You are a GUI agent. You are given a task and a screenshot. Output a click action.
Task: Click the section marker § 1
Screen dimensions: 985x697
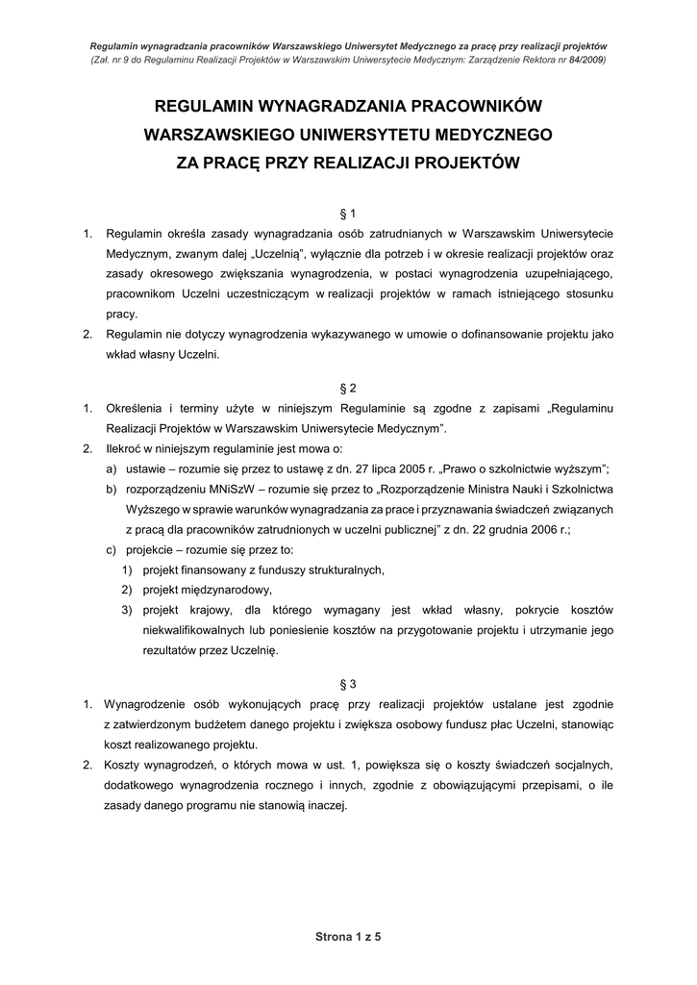coord(348,213)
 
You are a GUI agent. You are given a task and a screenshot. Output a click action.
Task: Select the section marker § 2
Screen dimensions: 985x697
coord(348,388)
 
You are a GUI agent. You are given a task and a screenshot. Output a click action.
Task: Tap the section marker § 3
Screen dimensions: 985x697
coord(348,684)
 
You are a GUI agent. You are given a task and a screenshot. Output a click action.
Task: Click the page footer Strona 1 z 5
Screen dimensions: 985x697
coord(348,936)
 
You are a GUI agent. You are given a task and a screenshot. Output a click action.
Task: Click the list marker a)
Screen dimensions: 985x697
coord(112,468)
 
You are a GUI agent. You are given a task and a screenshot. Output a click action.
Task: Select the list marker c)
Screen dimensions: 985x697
coord(112,549)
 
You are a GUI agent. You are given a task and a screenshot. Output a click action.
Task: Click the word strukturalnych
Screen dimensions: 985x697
coord(340,569)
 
